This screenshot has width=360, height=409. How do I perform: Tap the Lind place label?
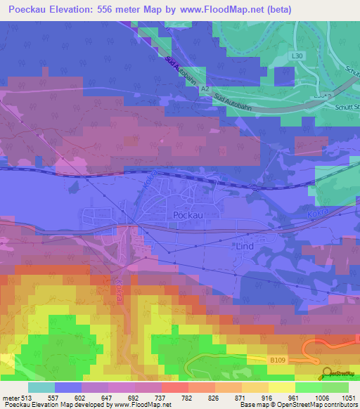[x=241, y=247]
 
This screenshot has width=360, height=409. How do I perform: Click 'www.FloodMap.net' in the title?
[x=217, y=9]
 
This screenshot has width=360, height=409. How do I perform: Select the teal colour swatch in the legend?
[x=41, y=387]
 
